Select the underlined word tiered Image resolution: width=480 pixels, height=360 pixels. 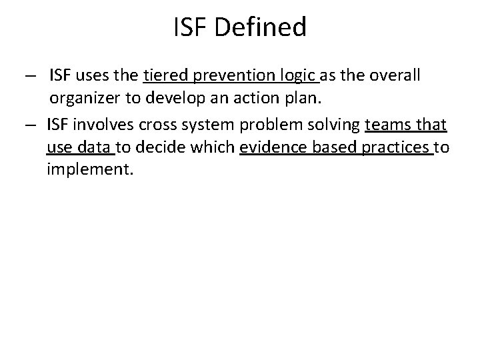click(164, 76)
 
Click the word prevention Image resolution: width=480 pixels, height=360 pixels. click(227, 76)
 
